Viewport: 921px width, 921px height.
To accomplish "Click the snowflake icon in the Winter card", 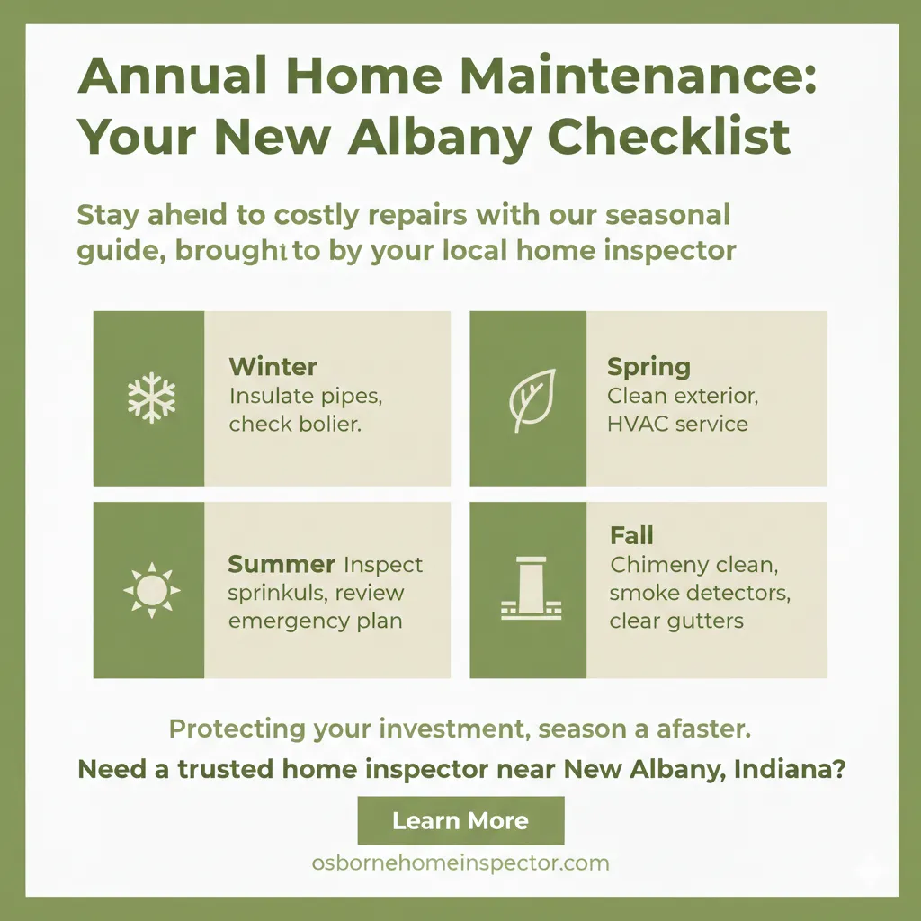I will pos(151,398).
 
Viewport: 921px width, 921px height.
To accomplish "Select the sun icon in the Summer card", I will pos(151,590).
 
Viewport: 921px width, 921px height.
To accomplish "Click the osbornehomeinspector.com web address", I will pos(460,863).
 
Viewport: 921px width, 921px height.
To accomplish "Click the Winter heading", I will pos(273,367).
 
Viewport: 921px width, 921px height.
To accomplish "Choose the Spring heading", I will pos(648,367).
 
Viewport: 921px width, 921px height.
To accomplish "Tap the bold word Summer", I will pos(282,565).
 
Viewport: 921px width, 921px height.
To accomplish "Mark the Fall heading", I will pos(631,536).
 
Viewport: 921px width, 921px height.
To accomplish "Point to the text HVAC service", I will pos(677,423).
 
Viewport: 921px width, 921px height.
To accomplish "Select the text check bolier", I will pos(295,424).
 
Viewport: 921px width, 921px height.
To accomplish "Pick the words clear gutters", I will pos(676,621).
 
